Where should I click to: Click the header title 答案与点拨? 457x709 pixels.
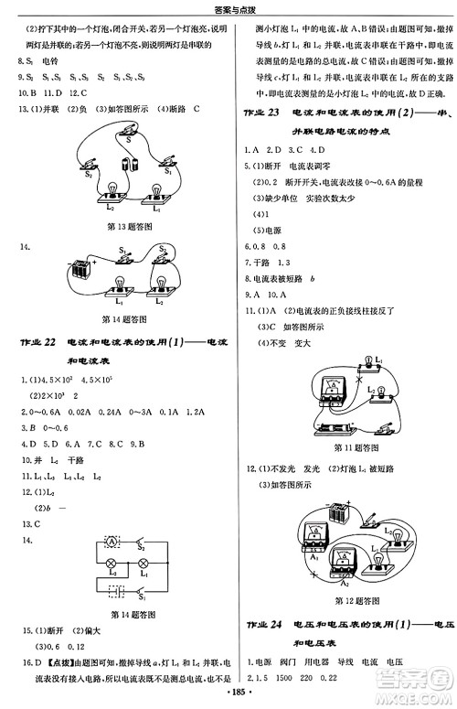[x=228, y=8]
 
